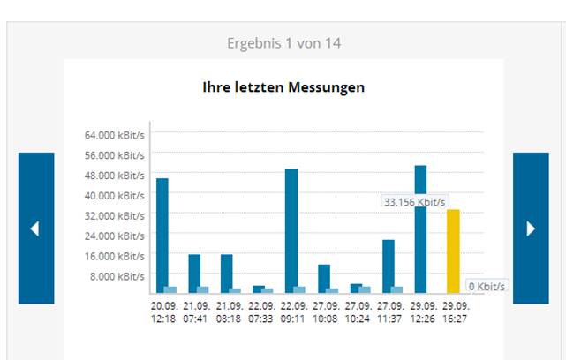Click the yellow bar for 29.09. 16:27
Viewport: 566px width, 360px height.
pyautogui.click(x=453, y=251)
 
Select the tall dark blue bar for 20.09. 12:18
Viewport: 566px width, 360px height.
pyautogui.click(x=162, y=236)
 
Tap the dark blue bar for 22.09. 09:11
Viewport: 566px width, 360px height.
pyautogui.click(x=291, y=231)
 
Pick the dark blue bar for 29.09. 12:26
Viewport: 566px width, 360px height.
pyautogui.click(x=420, y=229)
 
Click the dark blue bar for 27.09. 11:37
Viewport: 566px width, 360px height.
pyautogui.click(x=389, y=266)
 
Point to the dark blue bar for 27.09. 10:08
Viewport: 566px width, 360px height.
pyautogui.click(x=324, y=279)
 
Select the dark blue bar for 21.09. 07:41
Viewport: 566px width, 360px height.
pyautogui.click(x=194, y=274)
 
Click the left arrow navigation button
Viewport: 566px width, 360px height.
pyautogui.click(x=36, y=228)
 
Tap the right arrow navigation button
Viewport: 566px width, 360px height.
pyautogui.click(x=531, y=228)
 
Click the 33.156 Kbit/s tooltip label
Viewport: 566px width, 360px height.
pyautogui.click(x=414, y=202)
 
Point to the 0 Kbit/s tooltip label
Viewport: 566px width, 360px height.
pyautogui.click(x=487, y=287)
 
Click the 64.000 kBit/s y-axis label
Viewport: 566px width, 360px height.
pyautogui.click(x=115, y=135)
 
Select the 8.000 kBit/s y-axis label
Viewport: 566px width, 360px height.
pyautogui.click(x=117, y=276)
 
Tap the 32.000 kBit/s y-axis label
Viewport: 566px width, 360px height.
pyautogui.click(x=115, y=215)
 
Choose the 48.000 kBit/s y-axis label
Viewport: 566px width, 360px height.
pyautogui.click(x=115, y=176)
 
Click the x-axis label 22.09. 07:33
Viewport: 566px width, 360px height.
pyautogui.click(x=261, y=312)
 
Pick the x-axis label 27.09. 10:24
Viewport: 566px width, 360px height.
pyautogui.click(x=358, y=312)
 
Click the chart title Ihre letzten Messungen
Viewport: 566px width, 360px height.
pyautogui.click(x=283, y=87)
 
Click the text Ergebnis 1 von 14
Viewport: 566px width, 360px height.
pyautogui.click(x=283, y=43)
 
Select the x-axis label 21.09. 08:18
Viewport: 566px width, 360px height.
pyautogui.click(x=230, y=312)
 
